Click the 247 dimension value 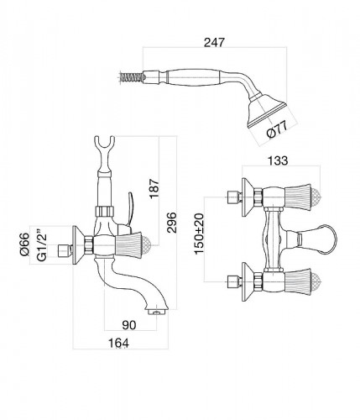tap(214, 42)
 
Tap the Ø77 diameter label tap(277, 130)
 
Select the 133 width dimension tap(278, 160)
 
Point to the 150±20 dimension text tap(200, 234)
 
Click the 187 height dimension tap(154, 188)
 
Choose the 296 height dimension tap(172, 223)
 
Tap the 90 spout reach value tap(129, 325)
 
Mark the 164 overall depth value tap(118, 343)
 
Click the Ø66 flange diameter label tap(24, 244)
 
